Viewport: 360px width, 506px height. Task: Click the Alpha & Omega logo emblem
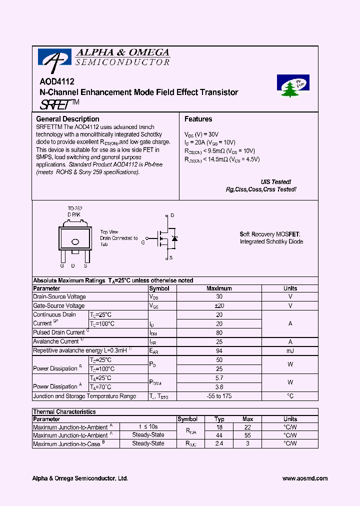51,60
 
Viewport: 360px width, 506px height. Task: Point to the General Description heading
67,119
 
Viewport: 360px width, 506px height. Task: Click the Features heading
198,119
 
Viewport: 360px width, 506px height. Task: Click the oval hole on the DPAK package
75,242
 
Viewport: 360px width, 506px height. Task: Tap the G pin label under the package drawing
62,265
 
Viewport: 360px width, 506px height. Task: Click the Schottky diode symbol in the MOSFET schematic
174,238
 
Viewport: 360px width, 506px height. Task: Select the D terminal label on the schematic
172,215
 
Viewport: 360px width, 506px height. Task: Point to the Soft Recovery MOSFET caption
270,234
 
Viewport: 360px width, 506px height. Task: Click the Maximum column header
219,288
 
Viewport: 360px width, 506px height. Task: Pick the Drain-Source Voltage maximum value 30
219,296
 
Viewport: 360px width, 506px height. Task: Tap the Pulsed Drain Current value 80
219,332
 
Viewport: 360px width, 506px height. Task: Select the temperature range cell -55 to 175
219,396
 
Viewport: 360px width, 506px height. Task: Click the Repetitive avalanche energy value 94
219,350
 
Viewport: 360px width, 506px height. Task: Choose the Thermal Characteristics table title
64,411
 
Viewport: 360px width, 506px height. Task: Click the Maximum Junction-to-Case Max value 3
247,443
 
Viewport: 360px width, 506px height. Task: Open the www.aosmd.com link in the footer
304,478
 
